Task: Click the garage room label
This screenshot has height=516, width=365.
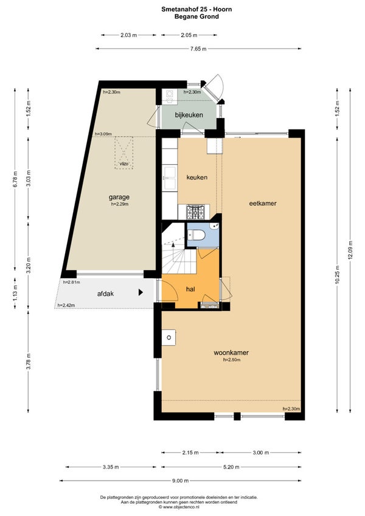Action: (119, 197)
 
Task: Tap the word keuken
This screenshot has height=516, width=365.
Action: (197, 178)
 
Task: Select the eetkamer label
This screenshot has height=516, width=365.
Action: (263, 203)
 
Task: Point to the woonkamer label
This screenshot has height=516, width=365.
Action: (231, 353)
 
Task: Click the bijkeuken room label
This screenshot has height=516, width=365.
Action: (189, 115)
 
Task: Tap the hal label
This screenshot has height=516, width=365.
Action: (190, 289)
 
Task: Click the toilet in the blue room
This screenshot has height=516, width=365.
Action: (196, 235)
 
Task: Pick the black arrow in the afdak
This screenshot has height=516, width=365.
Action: (141, 292)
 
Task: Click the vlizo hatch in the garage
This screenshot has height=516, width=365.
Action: (124, 153)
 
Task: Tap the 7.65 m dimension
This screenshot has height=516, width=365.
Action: (198, 49)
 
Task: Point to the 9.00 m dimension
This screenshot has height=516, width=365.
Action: (180, 481)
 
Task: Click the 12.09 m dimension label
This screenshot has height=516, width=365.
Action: (350, 250)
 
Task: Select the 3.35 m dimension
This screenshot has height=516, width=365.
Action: (111, 467)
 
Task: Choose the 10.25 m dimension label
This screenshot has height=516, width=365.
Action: (336, 274)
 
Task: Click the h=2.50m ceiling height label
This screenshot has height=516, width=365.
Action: (232, 360)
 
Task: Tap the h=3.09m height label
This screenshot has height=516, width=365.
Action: (103, 134)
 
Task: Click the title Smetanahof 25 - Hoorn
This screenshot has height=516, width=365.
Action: (196, 9)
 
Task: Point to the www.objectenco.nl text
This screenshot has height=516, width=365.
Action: (181, 507)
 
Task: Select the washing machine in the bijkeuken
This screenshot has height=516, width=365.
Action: (170, 97)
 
